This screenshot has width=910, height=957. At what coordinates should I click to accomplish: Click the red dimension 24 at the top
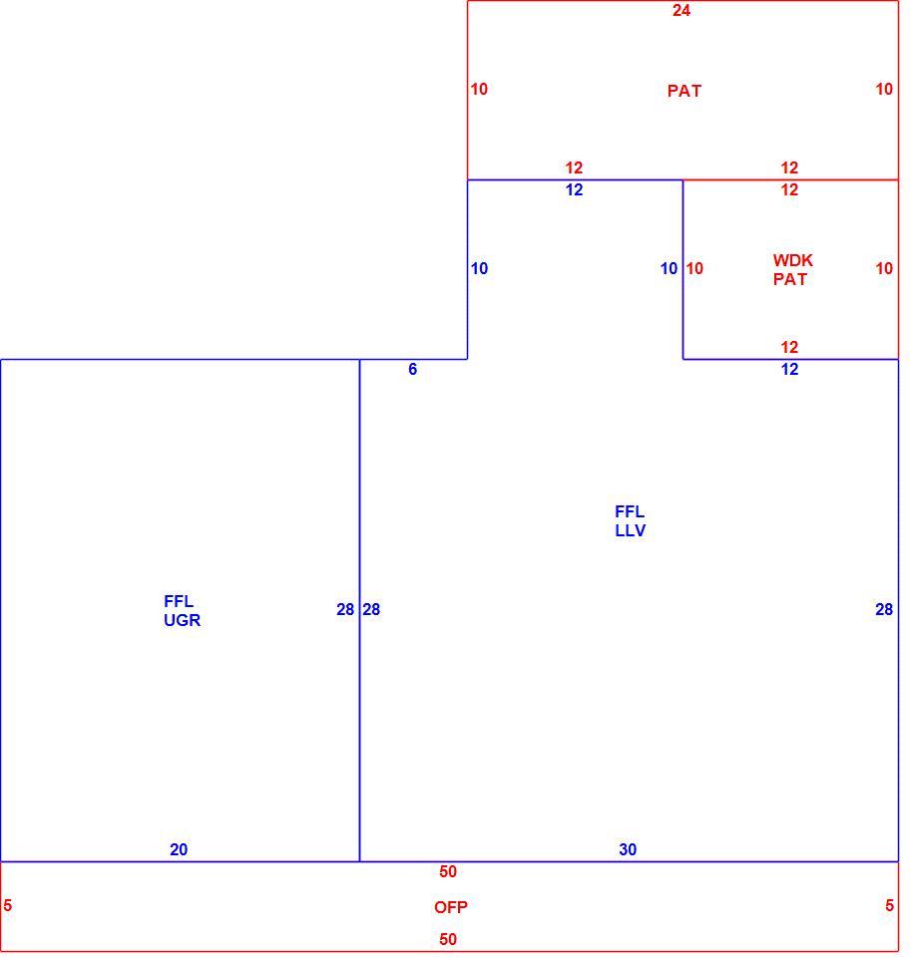point(681,10)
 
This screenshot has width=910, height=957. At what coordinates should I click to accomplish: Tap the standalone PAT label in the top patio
point(684,91)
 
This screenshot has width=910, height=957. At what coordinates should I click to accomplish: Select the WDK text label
point(792,260)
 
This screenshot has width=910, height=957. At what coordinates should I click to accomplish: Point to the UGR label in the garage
point(182,620)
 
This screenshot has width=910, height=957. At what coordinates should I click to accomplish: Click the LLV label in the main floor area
point(631,531)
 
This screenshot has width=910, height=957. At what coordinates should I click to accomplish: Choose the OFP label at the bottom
point(451,907)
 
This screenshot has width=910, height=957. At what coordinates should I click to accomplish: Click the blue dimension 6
point(413,369)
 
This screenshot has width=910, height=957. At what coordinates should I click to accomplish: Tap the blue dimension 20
point(179,849)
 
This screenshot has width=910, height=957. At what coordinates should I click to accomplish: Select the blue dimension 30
point(628,849)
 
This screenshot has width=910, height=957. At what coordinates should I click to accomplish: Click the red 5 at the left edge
point(7,906)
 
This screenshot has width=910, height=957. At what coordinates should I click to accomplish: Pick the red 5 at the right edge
point(889,906)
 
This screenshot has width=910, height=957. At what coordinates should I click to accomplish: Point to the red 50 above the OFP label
point(448,871)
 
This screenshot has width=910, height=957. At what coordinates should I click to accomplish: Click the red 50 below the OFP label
point(448,939)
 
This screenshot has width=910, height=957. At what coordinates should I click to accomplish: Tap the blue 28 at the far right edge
point(884,610)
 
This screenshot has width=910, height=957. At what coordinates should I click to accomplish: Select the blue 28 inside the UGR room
point(345,610)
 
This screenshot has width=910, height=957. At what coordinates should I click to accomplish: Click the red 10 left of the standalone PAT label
point(479,89)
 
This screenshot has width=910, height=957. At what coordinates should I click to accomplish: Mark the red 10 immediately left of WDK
point(694,268)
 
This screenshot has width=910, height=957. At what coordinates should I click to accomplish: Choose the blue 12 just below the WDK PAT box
point(789,369)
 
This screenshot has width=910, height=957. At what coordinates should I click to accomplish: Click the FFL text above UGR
point(179,602)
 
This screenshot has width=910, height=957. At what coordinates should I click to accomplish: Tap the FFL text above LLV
point(630,512)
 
